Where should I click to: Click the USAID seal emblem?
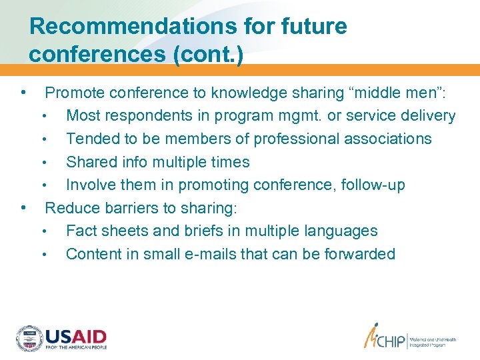coord(29,339)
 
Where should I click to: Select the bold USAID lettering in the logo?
coord(76,336)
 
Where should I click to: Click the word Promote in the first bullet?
coord(73,93)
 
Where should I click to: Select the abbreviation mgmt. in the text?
coord(311,116)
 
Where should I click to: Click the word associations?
coord(388,139)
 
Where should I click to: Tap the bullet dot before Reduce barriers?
coord(23,207)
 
